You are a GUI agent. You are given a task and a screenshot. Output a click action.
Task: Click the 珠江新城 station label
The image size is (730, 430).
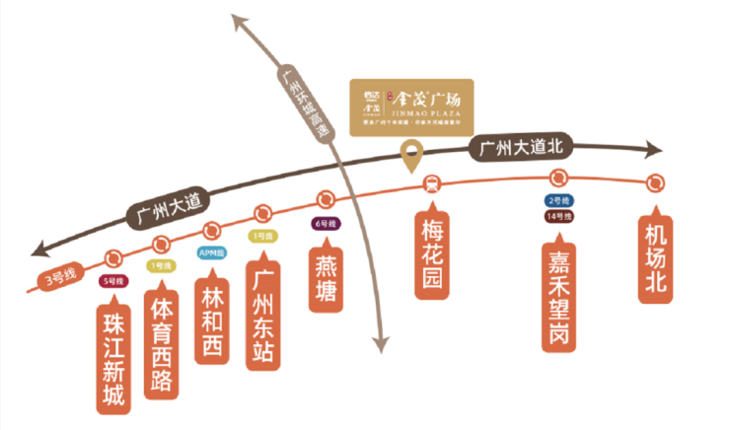coord(113,359)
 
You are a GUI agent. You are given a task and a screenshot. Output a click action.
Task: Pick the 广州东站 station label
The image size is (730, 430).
coord(263,315)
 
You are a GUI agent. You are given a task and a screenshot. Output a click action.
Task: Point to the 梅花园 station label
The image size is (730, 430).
coord(430,253)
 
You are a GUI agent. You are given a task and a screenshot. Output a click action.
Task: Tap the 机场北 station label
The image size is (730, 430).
coord(656,257)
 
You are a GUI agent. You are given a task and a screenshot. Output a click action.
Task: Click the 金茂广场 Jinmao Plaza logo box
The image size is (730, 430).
coord(411,107)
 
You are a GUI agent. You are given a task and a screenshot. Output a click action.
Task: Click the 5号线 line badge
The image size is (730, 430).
coord(113,280)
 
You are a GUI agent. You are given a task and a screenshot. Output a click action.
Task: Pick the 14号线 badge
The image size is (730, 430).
coord(557,215)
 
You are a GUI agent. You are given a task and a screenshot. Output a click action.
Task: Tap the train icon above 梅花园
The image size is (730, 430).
coord(431,182)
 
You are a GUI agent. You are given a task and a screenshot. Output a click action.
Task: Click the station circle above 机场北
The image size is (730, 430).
coord(656,182)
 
